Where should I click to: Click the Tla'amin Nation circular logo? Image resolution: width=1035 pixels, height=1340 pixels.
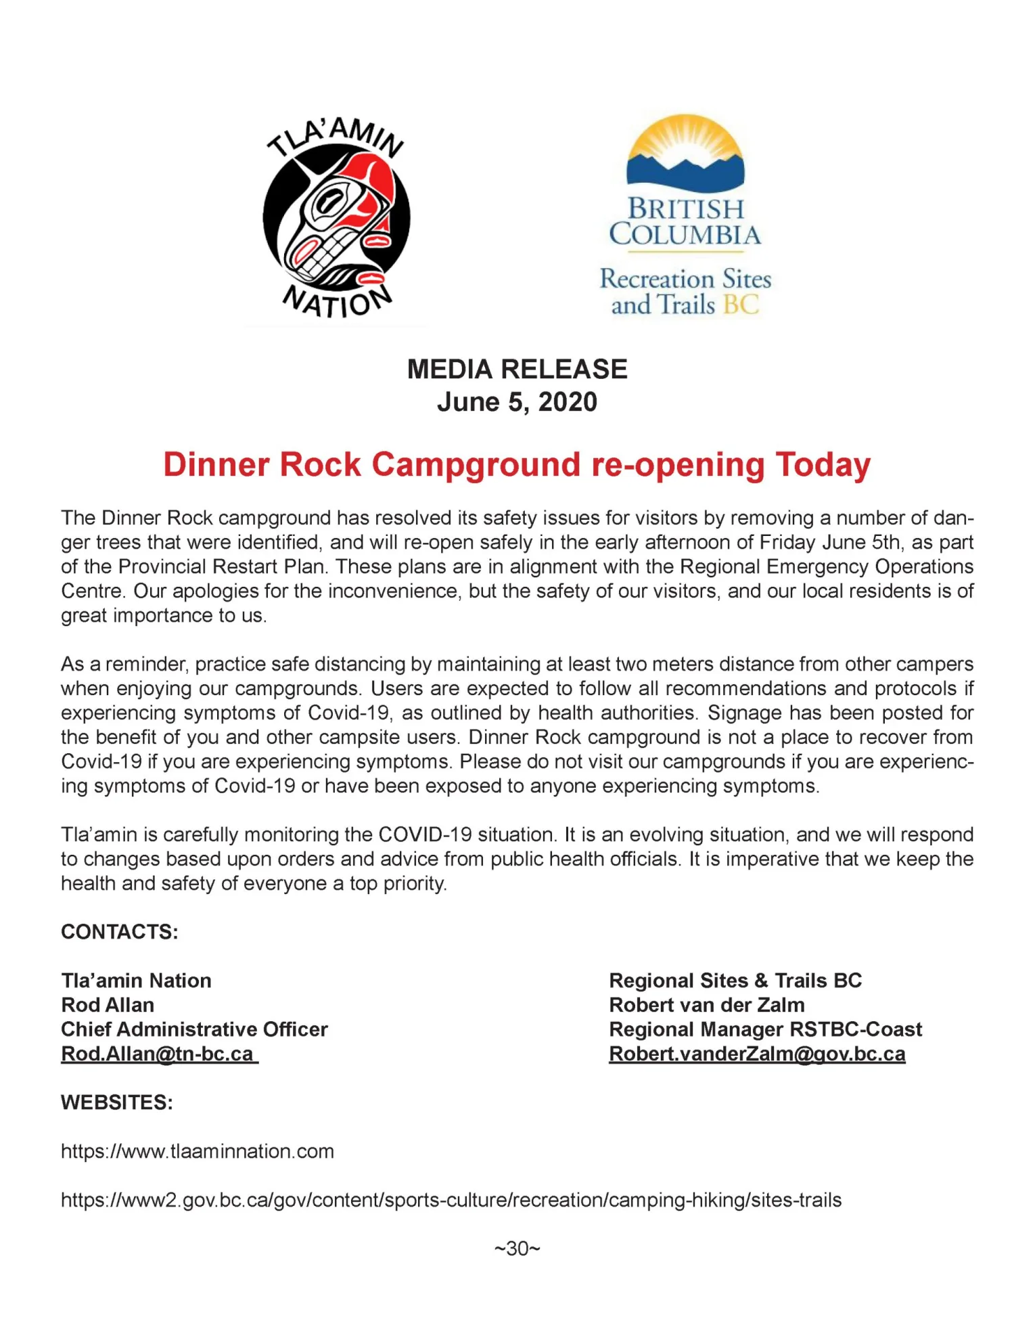coord(336,217)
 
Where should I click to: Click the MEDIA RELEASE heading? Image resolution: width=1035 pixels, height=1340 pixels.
coord(517,369)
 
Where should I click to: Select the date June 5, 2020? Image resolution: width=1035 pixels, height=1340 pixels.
coord(517,402)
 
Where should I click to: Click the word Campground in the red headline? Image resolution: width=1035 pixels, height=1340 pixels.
coord(476,465)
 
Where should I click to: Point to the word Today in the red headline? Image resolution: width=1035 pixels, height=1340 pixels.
coord(823,465)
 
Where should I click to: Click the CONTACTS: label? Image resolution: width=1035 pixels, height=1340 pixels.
coord(120,932)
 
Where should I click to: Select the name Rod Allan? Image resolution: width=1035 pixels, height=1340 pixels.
coord(108,1005)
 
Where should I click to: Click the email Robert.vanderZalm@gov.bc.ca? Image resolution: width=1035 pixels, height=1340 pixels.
coord(757,1054)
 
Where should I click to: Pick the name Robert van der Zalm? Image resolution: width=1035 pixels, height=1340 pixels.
coord(707,1005)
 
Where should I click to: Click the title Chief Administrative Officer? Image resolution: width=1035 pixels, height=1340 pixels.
coord(194,1029)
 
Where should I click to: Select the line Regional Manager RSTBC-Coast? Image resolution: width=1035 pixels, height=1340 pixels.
coord(765,1029)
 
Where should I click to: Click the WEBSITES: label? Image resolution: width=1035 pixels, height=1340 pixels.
coord(117,1102)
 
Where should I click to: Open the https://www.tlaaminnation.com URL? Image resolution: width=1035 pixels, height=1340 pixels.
coord(198,1151)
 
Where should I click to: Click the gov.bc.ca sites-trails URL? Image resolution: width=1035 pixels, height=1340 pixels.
coord(451,1200)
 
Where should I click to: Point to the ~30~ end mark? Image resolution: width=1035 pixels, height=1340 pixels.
coord(517,1249)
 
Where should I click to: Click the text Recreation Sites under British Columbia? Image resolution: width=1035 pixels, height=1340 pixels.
coord(685,279)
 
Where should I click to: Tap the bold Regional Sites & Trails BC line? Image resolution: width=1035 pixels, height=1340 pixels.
coord(735,981)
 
